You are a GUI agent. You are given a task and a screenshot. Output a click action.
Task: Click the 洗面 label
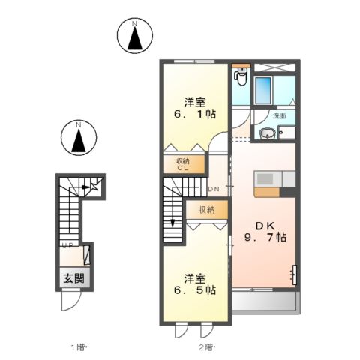(279, 116)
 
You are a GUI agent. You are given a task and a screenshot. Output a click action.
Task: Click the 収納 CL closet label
(183, 164)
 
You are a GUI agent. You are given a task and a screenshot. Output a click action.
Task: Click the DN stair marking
(213, 188)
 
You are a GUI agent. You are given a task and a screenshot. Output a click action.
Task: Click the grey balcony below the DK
(264, 301)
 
